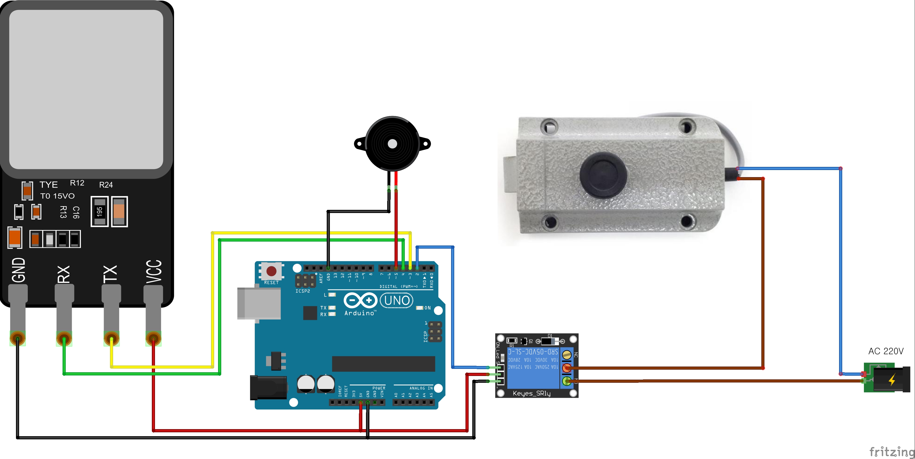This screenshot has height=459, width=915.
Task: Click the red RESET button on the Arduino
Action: [271, 271]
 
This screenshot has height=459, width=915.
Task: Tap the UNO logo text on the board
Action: [397, 300]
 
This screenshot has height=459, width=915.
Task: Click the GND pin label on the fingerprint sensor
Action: [19, 270]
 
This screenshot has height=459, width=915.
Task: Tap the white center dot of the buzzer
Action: [392, 144]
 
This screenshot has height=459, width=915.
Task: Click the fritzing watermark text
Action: [891, 452]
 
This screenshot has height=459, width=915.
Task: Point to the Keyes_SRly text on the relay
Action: [531, 393]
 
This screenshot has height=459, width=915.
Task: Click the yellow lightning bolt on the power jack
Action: [892, 380]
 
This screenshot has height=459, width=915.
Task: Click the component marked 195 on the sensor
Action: [99, 211]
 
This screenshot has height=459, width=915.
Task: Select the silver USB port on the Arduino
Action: [259, 303]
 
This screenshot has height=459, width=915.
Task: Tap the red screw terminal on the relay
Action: [567, 368]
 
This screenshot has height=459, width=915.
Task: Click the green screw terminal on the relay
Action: [567, 381]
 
